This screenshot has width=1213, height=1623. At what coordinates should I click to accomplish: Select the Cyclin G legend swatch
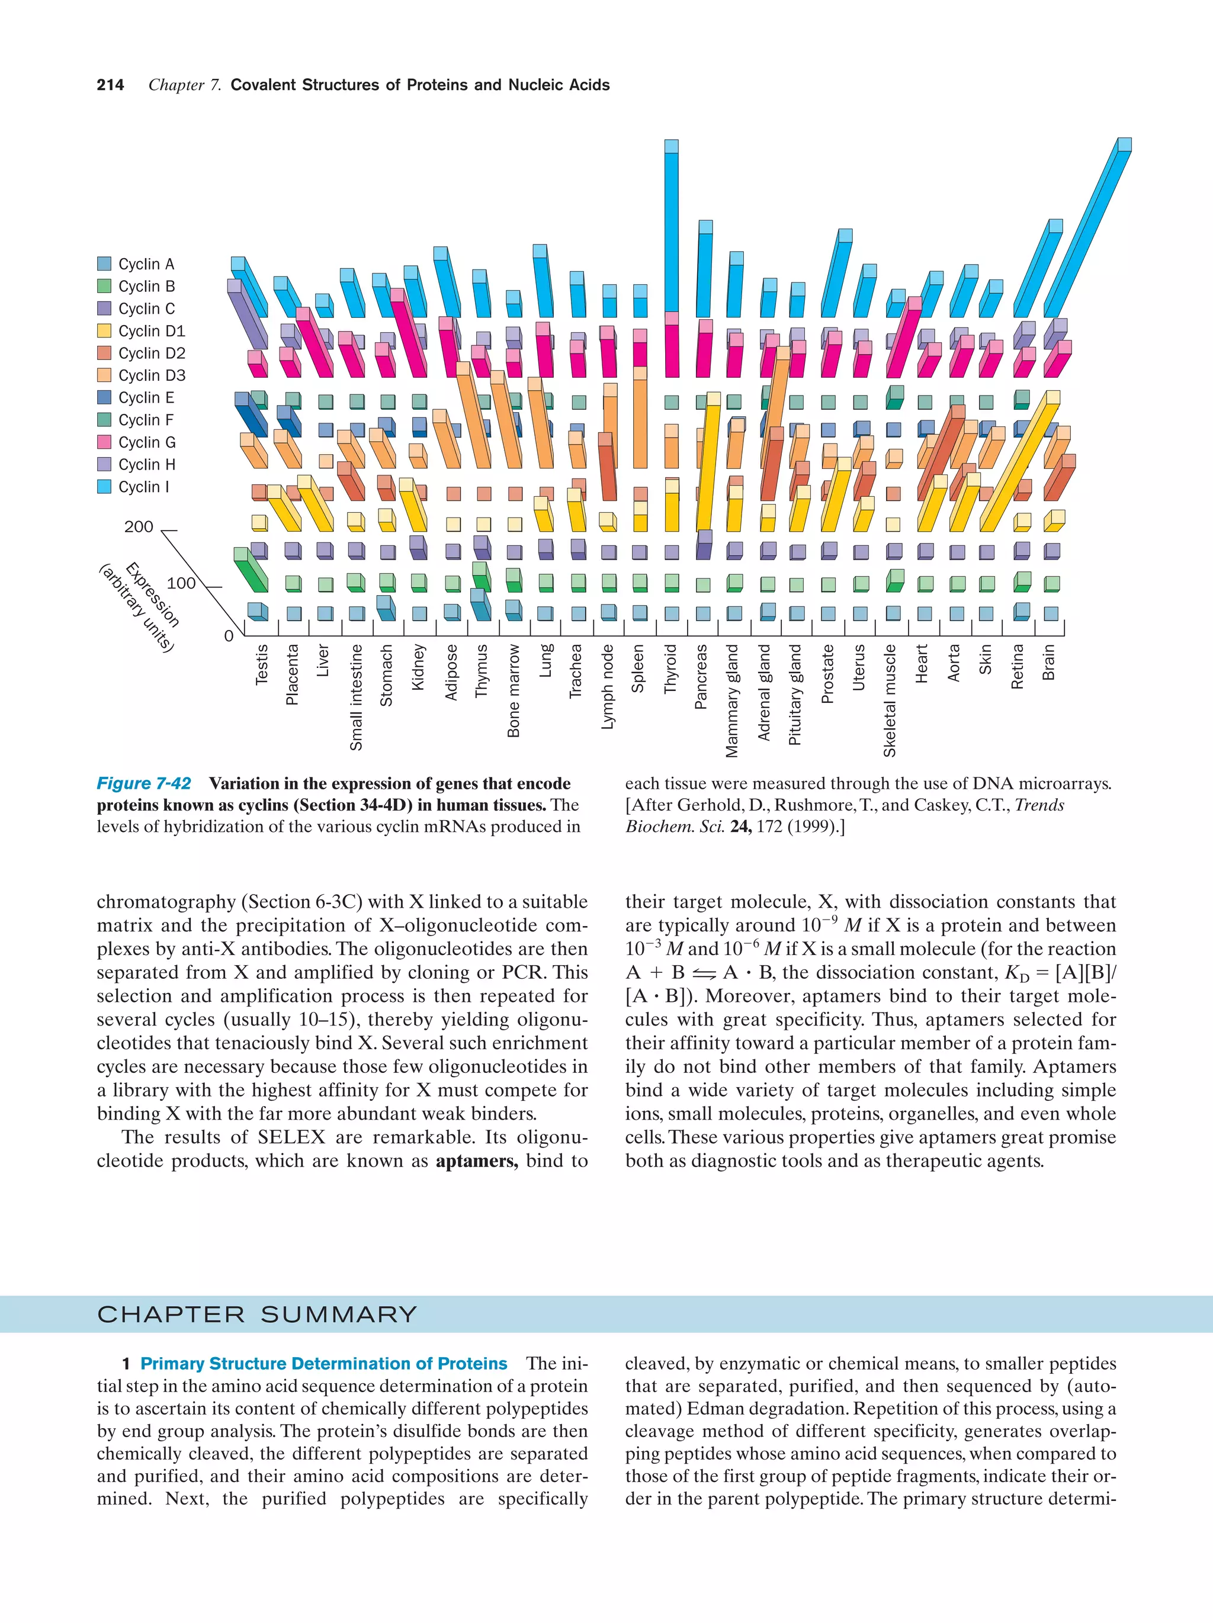(x=104, y=442)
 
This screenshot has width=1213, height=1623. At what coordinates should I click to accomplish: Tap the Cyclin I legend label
(x=143, y=487)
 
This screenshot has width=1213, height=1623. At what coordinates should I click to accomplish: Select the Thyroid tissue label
(x=669, y=669)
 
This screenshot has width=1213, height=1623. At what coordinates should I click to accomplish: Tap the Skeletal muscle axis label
(x=890, y=700)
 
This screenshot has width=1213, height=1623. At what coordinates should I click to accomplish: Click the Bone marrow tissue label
(x=513, y=690)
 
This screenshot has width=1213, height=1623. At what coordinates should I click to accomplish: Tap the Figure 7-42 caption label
(x=144, y=783)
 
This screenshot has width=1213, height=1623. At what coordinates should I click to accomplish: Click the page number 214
(x=110, y=85)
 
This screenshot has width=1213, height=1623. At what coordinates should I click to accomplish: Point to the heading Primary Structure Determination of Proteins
(x=323, y=1363)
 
